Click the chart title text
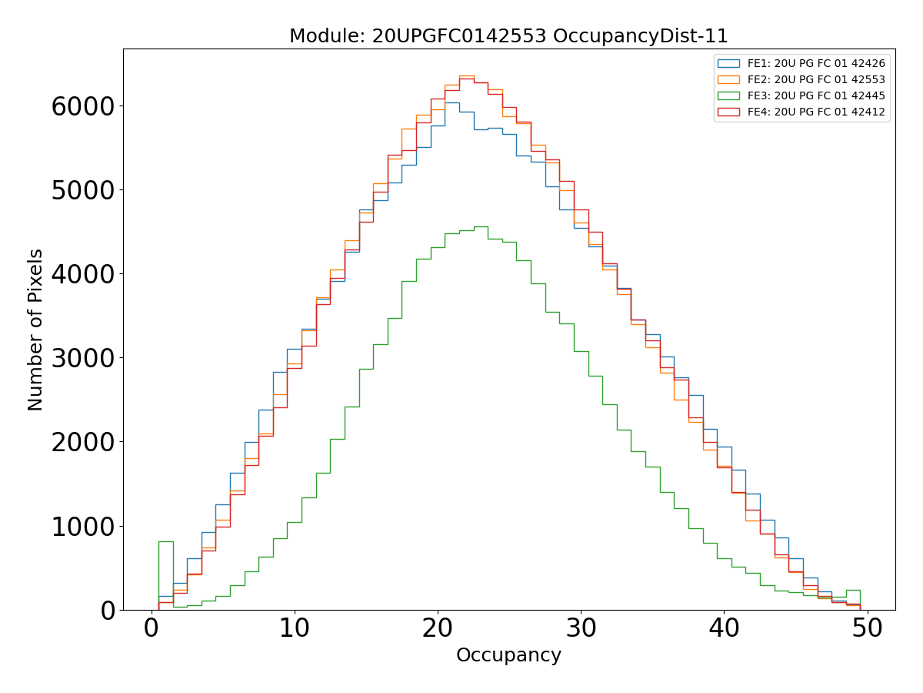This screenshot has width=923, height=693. (508, 36)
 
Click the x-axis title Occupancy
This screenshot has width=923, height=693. (508, 655)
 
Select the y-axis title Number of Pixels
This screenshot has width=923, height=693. (36, 330)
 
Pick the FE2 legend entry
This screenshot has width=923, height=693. (816, 79)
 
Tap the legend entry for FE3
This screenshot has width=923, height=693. (816, 95)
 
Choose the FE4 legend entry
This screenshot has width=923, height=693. (816, 112)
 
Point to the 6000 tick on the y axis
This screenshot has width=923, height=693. (83, 106)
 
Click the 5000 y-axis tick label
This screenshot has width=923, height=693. (83, 190)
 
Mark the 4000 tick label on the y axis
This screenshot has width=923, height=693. (83, 274)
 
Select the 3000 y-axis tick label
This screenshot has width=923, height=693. (83, 358)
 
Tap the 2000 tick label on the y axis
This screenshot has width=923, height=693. (83, 442)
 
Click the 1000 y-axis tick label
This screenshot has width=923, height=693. (83, 526)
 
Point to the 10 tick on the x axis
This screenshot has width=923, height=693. (295, 628)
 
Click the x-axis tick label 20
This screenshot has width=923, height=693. (438, 628)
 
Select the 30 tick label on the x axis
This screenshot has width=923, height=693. (581, 628)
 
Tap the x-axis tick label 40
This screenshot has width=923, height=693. (724, 628)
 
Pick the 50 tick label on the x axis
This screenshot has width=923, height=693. (867, 628)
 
